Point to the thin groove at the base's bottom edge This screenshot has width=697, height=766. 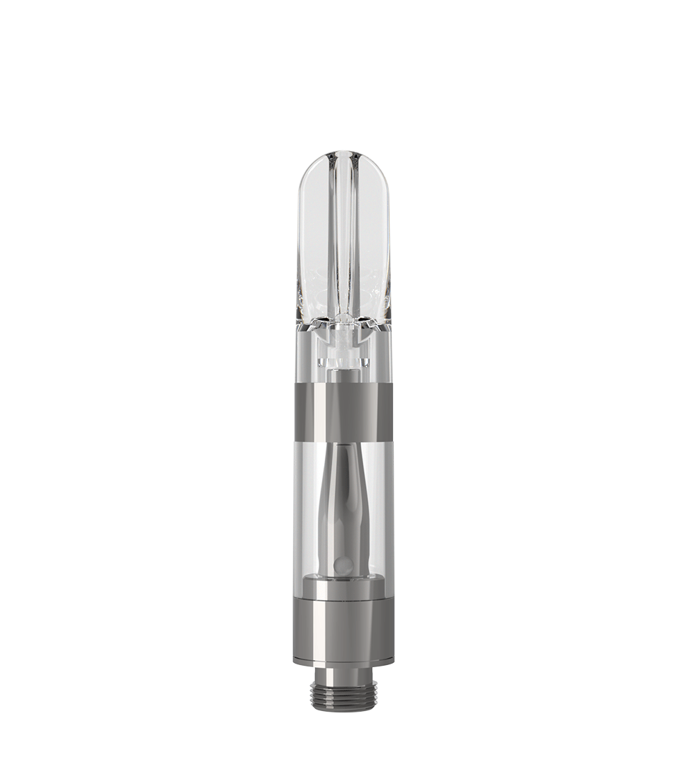tap(343, 661)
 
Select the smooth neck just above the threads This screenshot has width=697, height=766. tap(343, 673)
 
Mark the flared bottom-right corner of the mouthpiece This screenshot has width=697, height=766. tap(388, 317)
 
